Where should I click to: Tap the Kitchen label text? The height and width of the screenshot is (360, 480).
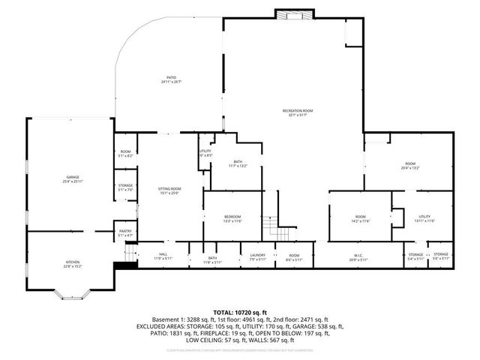pyautogui.click(x=72, y=262)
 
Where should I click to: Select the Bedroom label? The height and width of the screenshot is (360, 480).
pyautogui.click(x=232, y=219)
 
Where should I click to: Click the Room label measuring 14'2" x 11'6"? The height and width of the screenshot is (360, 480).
pyautogui.click(x=361, y=219)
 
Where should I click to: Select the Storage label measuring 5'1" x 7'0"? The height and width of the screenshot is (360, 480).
pyautogui.click(x=125, y=187)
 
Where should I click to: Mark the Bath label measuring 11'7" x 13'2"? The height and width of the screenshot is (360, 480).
pyautogui.click(x=238, y=163)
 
